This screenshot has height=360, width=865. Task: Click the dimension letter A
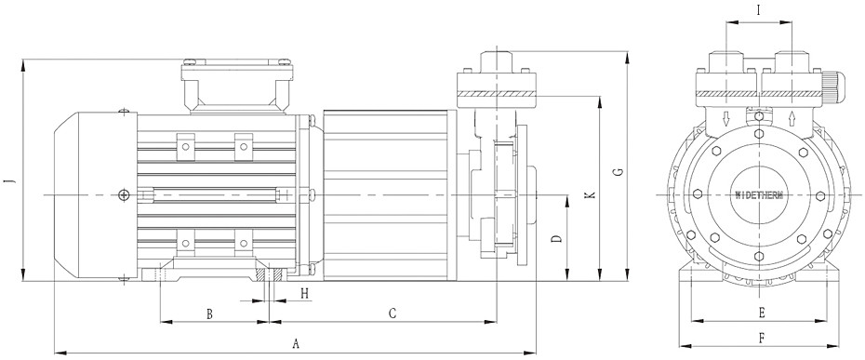point(296,344)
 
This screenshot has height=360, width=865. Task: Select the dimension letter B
point(209,314)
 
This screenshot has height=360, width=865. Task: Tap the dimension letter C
point(393,313)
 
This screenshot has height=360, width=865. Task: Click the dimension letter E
point(761,313)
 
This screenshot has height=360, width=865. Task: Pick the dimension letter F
point(762,339)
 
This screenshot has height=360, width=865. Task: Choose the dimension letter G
point(619,172)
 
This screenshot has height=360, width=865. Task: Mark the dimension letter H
point(304,294)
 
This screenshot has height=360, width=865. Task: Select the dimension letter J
point(8,181)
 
